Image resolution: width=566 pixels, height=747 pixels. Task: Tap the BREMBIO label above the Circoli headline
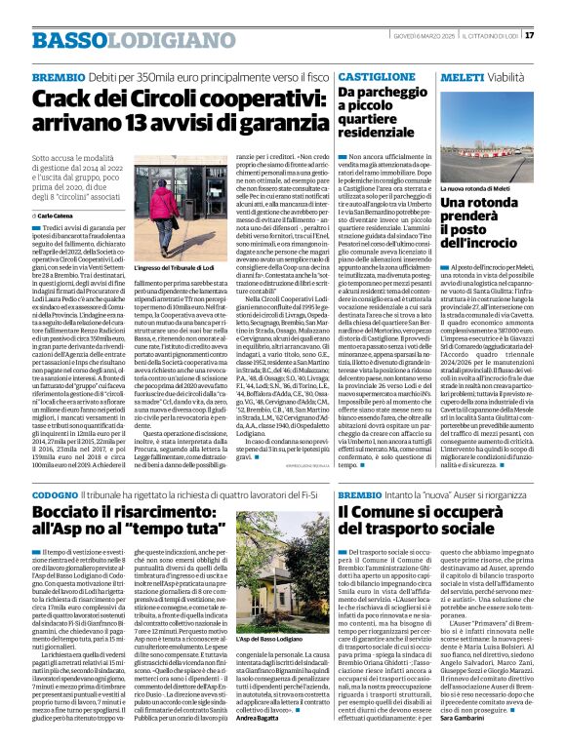point(60,75)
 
